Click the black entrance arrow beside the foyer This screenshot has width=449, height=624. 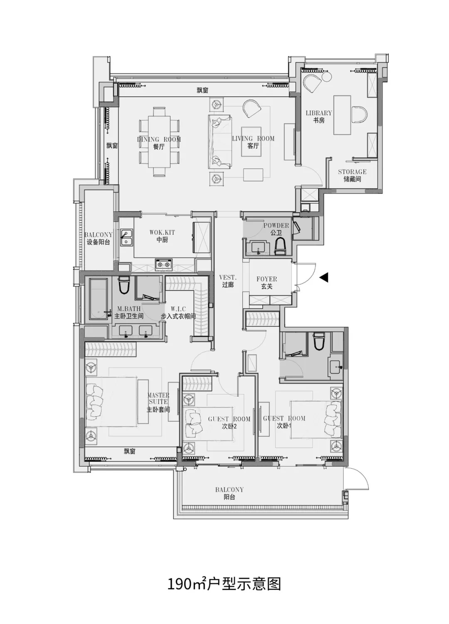click(x=324, y=277)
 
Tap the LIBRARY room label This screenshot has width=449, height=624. click(x=319, y=113)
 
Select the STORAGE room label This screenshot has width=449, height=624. click(x=352, y=172)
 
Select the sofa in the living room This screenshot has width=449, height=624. click(x=220, y=142)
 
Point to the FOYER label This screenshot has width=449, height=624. click(x=266, y=279)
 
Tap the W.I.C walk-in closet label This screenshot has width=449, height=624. click(x=178, y=309)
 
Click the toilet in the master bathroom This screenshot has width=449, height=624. click(x=124, y=285)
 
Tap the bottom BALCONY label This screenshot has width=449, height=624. click(x=229, y=490)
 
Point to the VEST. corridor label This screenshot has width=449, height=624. click(x=228, y=278)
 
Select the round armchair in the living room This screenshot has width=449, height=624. click(x=252, y=108)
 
